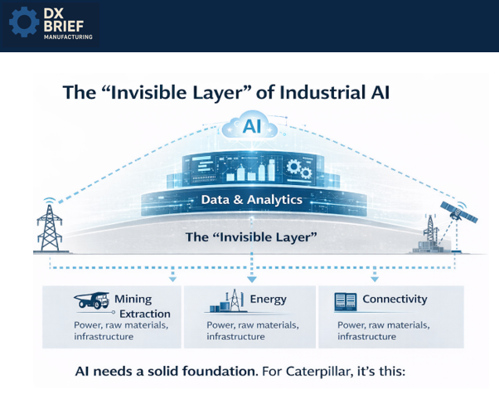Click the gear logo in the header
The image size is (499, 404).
(24, 23)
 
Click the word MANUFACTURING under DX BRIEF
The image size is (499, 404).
(69, 37)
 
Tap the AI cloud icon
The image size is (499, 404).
(249, 127)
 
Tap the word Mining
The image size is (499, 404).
(133, 299)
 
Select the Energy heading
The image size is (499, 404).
(269, 299)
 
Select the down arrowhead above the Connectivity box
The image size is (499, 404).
(375, 278)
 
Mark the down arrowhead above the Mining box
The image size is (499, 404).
(172, 278)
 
